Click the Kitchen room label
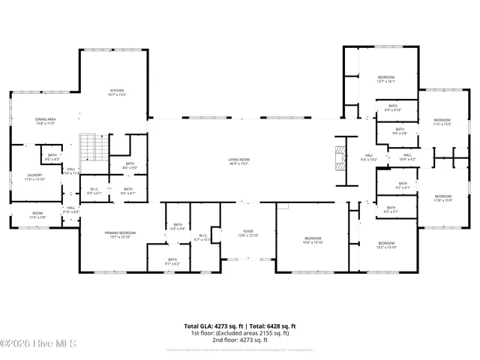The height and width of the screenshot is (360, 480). click(x=118, y=92)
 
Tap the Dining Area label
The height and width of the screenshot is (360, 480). click(x=46, y=121)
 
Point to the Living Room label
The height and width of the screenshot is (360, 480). click(x=239, y=161)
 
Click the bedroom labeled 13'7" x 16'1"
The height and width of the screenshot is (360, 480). click(x=386, y=79)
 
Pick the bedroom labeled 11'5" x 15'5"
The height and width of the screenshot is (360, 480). click(x=442, y=122)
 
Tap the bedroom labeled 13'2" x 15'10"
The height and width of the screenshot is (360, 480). click(x=386, y=244)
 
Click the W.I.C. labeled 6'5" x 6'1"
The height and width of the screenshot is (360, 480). click(x=94, y=190)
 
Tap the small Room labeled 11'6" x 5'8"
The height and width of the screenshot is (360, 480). click(x=37, y=216)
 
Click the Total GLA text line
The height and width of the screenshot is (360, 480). click(x=240, y=326)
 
